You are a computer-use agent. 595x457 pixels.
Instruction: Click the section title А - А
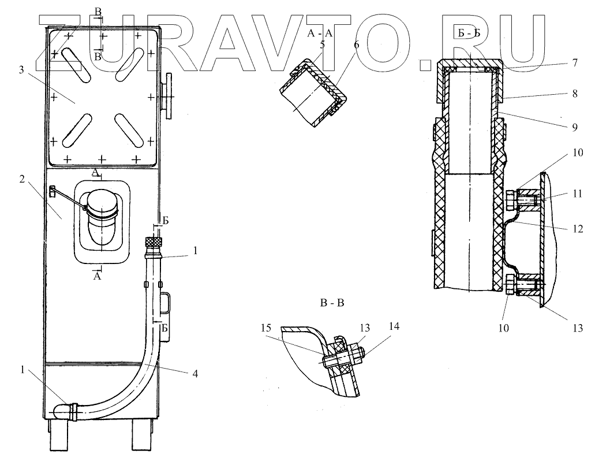pos(319,35)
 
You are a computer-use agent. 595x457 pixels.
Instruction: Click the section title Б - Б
pos(469,35)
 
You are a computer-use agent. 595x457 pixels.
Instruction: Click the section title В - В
pos(331,302)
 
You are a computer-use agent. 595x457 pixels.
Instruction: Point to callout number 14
pos(394,326)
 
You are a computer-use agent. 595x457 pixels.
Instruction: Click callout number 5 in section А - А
pos(323,44)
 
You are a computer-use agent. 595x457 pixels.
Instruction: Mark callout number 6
pos(356,44)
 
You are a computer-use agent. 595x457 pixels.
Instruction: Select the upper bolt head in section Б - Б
pos(510,201)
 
